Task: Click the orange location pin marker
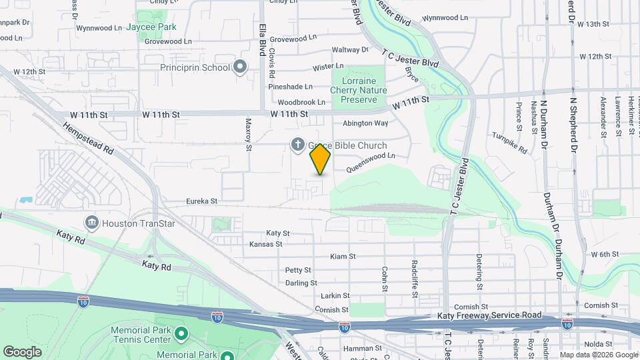coord(321,159)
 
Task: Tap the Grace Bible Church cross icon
coord(298,145)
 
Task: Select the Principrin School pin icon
coord(241,67)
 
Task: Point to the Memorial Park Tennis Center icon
coord(181,332)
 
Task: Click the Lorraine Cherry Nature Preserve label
coord(359,90)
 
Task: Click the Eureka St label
coord(202,201)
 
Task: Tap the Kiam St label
coord(343,256)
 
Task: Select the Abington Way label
coord(365,123)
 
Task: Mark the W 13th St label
coord(595,24)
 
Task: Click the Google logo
coord(22,351)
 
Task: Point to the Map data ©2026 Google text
coord(598,355)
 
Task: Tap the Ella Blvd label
coord(263,40)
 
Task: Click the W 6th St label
coord(605,254)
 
